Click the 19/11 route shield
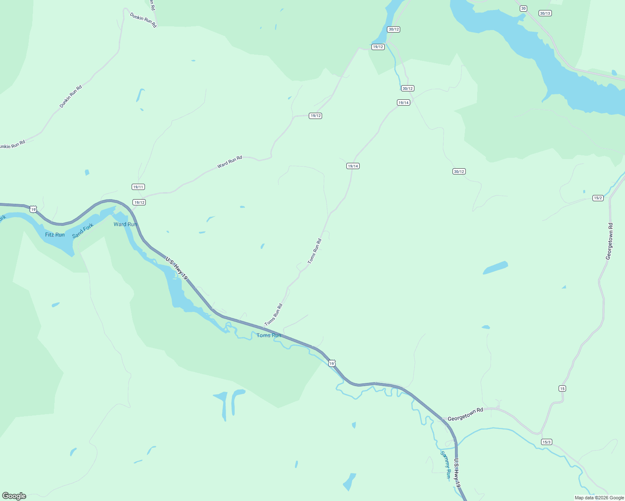pyautogui.click(x=138, y=187)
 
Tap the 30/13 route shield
pyautogui.click(x=545, y=13)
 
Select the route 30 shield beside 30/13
pyautogui.click(x=523, y=8)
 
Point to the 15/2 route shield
pyautogui.click(x=598, y=198)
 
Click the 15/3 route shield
pyautogui.click(x=546, y=442)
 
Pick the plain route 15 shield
pyautogui.click(x=562, y=389)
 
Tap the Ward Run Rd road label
pyautogui.click(x=229, y=162)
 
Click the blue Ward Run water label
pyautogui.click(x=125, y=224)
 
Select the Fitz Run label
pyautogui.click(x=55, y=235)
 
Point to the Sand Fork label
pyautogui.click(x=83, y=231)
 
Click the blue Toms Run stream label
pyautogui.click(x=269, y=335)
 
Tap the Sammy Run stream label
pyautogui.click(x=446, y=464)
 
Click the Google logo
pyautogui.click(x=14, y=496)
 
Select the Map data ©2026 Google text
pyautogui.click(x=599, y=498)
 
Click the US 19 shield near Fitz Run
pyautogui.click(x=33, y=209)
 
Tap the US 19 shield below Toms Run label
pyautogui.click(x=332, y=364)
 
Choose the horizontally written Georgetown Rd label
pyautogui.click(x=465, y=414)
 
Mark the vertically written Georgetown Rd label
pyautogui.click(x=610, y=241)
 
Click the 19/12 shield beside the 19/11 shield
pyautogui.click(x=139, y=202)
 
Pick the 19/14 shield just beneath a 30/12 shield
pyautogui.click(x=403, y=103)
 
